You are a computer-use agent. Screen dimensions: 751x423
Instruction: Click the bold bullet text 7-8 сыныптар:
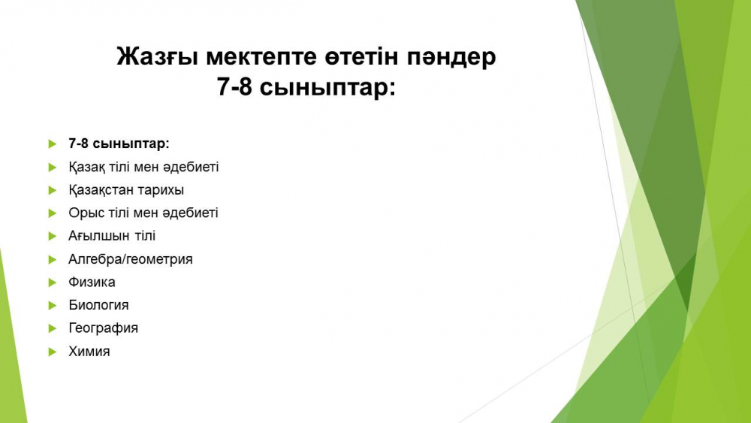point(119,144)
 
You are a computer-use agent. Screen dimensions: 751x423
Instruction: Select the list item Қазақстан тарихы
point(126,190)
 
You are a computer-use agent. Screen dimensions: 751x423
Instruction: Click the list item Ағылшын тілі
point(112,236)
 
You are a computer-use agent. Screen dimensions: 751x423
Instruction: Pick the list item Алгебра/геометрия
point(130,259)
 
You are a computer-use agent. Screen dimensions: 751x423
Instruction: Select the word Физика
point(92,283)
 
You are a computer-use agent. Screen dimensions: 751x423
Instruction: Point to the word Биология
point(98,305)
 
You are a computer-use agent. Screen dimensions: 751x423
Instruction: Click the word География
point(103,328)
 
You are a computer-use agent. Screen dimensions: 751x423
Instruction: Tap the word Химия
point(89,351)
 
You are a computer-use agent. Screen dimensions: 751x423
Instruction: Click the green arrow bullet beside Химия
point(53,352)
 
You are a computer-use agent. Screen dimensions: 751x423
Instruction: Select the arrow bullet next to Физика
point(53,283)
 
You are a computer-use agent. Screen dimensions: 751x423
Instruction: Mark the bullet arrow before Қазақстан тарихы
point(53,191)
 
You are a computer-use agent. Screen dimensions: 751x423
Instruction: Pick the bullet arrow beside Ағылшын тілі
point(53,237)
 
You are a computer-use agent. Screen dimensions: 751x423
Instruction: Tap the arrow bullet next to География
point(53,328)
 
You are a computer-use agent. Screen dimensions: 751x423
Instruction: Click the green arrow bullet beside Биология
point(53,306)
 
